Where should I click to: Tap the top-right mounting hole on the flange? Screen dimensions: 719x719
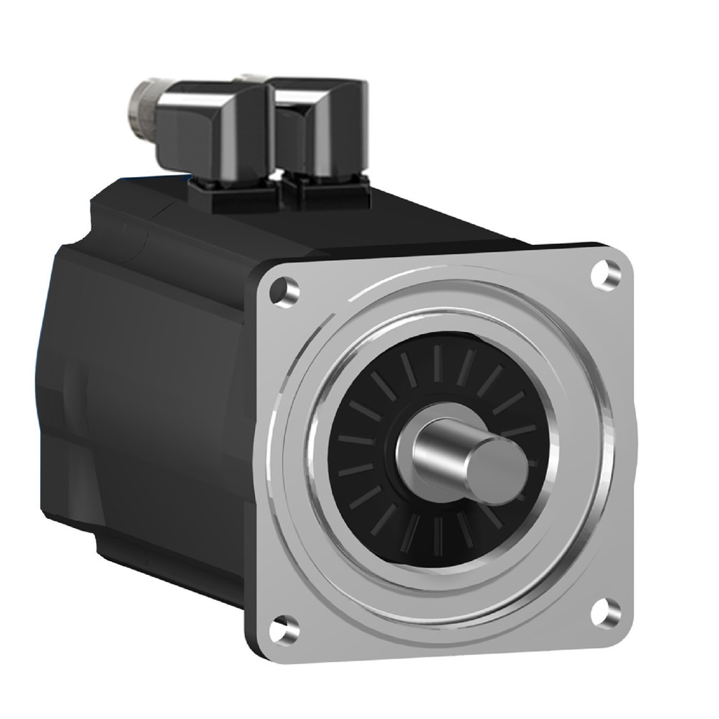603,275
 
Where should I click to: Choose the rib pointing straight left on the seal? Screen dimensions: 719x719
355,441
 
